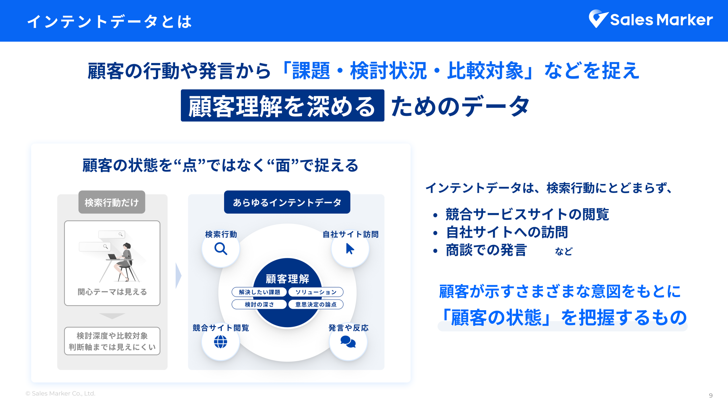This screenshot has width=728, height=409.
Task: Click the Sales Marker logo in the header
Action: [651, 19]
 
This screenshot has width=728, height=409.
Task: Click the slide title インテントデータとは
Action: [109, 22]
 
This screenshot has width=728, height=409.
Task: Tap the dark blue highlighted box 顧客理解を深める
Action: [282, 106]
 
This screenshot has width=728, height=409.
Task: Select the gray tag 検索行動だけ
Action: [112, 202]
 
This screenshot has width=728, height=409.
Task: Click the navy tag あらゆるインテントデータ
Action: [287, 202]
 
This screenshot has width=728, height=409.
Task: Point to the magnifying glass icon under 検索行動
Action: [221, 249]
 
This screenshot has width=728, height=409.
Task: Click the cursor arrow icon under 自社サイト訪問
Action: [350, 249]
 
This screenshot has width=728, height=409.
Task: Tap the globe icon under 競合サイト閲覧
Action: [220, 342]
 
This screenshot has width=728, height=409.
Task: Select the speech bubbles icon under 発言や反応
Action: [348, 342]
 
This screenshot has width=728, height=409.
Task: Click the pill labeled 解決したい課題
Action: [259, 292]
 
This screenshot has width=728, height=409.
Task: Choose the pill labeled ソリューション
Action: [316, 292]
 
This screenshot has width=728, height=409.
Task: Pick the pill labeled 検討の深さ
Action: [259, 304]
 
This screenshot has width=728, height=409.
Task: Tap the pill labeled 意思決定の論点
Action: [316, 304]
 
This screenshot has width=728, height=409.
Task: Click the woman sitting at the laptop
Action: [125, 261]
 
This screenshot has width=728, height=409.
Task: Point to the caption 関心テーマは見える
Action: [112, 292]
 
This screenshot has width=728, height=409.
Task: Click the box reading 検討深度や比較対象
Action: [112, 341]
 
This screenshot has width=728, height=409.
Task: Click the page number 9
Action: [711, 396]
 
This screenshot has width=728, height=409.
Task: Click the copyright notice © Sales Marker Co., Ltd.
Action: [60, 394]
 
